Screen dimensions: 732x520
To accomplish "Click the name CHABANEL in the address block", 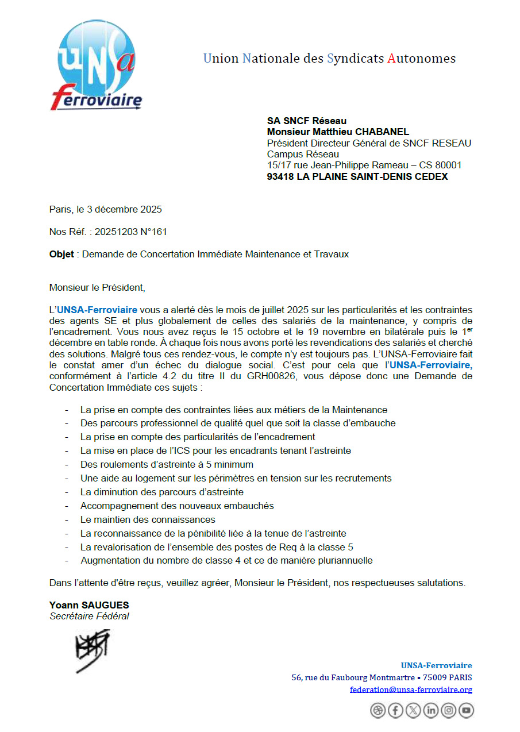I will coord(383,132).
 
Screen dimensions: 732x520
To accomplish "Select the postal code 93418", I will coord(280,177).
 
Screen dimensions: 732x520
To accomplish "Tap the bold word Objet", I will coord(61,254).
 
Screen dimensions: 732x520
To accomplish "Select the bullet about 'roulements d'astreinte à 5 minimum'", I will coord(167,464).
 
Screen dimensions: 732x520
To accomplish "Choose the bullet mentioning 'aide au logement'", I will coord(236,478).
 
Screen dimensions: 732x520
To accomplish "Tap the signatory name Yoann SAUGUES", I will coord(89,605).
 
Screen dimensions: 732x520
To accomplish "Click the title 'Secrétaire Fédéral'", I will coord(89,616).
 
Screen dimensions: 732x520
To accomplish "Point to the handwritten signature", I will coord(92,650).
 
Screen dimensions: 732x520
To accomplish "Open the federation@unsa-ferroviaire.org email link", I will coord(411,689).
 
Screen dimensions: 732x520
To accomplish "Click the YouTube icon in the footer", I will coord(466,711).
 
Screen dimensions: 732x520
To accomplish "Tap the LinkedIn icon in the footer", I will coord(431,711).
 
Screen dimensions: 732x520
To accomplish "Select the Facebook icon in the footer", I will coord(395,711).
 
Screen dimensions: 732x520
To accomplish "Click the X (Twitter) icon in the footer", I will coord(413,711).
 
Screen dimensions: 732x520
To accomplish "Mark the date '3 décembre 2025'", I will coord(120,210).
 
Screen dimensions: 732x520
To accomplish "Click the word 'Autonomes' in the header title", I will coord(421,59).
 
